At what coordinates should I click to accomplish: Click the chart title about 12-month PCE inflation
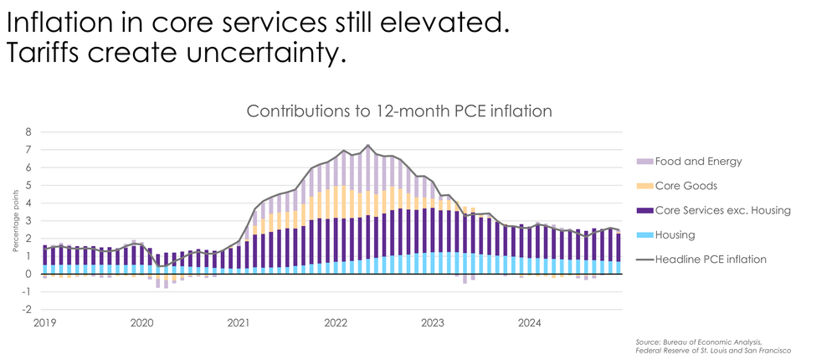pyautogui.click(x=399, y=111)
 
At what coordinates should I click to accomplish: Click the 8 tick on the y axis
pyautogui.click(x=28, y=132)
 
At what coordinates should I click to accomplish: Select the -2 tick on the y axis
pyautogui.click(x=27, y=310)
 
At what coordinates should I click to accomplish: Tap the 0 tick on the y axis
pyautogui.click(x=28, y=275)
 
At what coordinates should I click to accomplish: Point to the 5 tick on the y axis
pyautogui.click(x=28, y=186)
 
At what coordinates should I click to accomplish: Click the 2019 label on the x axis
pyautogui.click(x=45, y=322)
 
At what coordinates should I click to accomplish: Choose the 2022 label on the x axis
pyautogui.click(x=336, y=322)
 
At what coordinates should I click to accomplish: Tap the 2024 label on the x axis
pyautogui.click(x=529, y=322)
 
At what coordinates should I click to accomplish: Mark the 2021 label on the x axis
pyautogui.click(x=239, y=322)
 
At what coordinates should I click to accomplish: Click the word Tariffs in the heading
pyautogui.click(x=47, y=54)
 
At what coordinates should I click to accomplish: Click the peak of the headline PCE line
pyautogui.click(x=368, y=146)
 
